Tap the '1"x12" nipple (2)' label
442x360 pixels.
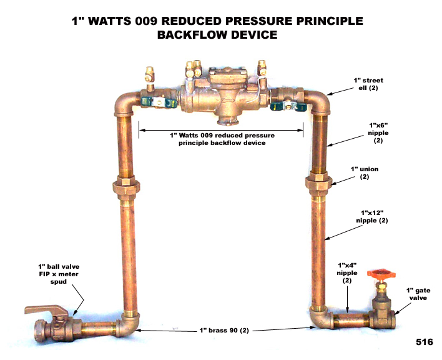coord(370,216)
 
